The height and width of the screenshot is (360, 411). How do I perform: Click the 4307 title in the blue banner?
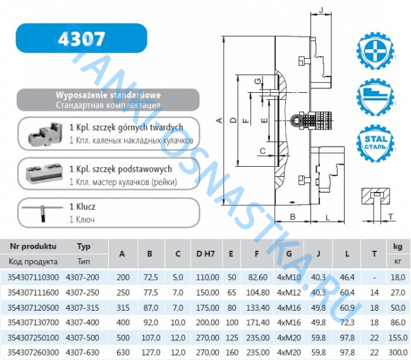pyautogui.click(x=82, y=39)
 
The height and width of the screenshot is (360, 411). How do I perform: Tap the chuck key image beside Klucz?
pyautogui.click(x=42, y=212)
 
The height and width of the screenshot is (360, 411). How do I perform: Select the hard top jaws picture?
pyautogui.click(x=45, y=134)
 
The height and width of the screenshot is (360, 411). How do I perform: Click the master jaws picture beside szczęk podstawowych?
pyautogui.click(x=44, y=174)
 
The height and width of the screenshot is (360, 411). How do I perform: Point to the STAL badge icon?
pyautogui.click(x=376, y=143)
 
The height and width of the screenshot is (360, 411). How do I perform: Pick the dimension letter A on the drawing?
pyautogui.click(x=219, y=121)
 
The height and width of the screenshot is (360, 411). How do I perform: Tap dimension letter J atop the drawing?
pyautogui.click(x=321, y=10)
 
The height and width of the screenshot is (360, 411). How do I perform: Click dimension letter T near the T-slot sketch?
pyautogui.click(x=391, y=217)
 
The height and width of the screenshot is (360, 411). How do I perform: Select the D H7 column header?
pyautogui.click(x=205, y=254)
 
